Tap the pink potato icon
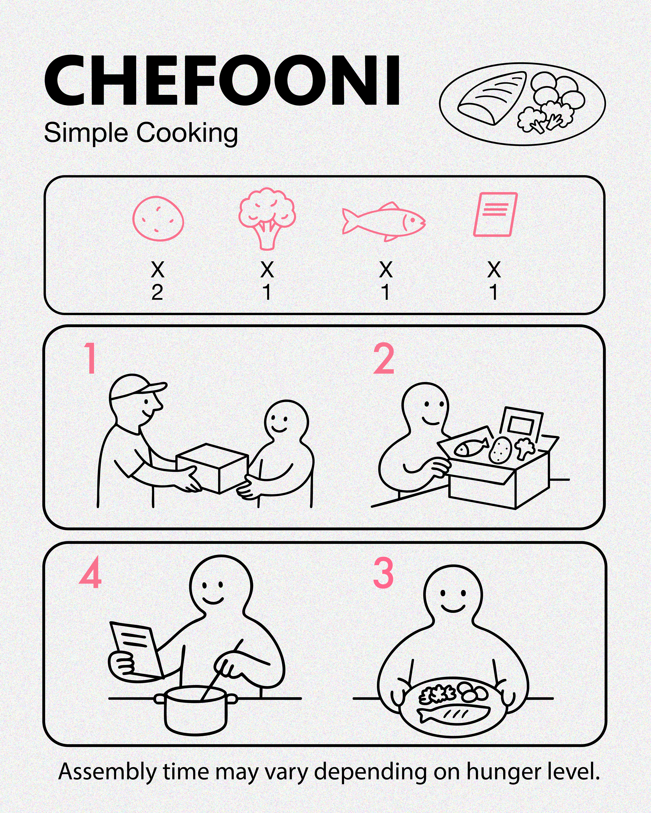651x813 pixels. [x=158, y=218]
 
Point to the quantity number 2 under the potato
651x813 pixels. [x=157, y=293]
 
